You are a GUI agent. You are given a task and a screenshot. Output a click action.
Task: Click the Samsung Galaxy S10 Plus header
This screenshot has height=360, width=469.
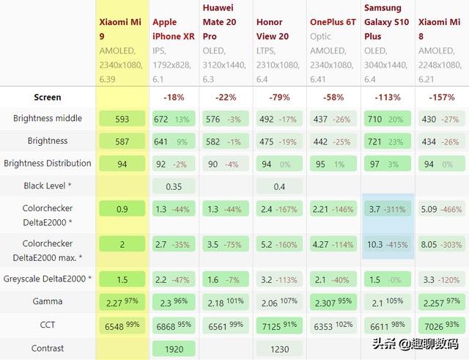[x=383, y=22]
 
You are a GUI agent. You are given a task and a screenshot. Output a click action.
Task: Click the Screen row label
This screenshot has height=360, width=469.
[x=48, y=97]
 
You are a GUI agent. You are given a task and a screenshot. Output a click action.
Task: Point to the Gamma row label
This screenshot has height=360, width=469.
[x=48, y=301]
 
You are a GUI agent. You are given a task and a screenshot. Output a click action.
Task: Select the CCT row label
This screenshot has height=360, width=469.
[x=48, y=325]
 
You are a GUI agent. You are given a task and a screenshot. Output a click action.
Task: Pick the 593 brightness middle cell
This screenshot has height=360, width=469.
[x=122, y=119]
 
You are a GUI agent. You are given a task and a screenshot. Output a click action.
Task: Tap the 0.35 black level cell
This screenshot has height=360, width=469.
[x=174, y=186]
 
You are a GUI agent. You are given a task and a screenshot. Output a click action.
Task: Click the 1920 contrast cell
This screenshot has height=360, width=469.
[x=174, y=349]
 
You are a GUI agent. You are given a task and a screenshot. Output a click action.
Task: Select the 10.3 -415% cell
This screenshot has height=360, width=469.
[x=388, y=245]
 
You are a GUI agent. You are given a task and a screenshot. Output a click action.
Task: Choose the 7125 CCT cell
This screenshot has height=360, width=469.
[x=280, y=325]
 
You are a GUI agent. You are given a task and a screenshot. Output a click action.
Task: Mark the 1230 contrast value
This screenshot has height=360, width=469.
[x=280, y=349]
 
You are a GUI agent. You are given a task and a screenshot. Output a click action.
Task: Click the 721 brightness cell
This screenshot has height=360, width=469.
[x=388, y=142]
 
